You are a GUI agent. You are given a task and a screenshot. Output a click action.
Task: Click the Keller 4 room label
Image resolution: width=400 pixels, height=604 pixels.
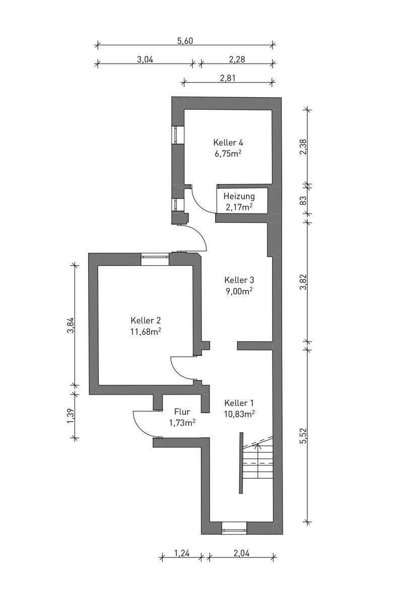click(x=231, y=142)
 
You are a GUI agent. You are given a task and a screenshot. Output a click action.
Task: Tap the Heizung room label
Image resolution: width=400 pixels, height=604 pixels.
click(x=239, y=196)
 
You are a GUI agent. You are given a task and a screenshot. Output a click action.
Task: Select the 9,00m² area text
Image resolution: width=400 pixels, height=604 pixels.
click(x=239, y=290)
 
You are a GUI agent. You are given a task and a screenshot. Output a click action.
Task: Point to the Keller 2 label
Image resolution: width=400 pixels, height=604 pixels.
click(x=146, y=320)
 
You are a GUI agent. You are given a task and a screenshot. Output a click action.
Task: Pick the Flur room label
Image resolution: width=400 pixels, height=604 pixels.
click(x=182, y=411)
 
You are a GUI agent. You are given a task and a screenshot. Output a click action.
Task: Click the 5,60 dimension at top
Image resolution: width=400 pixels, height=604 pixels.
click(x=185, y=41)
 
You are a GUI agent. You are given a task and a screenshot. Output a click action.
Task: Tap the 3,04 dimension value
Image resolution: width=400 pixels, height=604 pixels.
click(x=145, y=59)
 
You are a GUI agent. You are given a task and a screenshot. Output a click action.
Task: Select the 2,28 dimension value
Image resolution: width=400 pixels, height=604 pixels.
click(x=237, y=59)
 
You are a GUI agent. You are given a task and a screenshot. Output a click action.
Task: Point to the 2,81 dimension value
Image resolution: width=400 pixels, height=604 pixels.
click(x=228, y=78)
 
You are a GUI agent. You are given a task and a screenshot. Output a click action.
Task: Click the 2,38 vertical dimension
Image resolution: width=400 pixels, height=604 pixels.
click(x=303, y=146)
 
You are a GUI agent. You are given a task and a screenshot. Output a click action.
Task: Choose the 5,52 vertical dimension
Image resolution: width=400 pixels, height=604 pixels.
click(x=303, y=434)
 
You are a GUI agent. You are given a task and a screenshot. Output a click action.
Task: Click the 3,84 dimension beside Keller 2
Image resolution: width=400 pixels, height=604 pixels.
click(x=71, y=326)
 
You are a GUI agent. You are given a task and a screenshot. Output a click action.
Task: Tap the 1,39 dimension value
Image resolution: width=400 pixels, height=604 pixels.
click(x=71, y=414)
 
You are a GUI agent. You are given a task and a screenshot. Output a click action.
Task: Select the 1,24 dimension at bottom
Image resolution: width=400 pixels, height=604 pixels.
click(x=182, y=553)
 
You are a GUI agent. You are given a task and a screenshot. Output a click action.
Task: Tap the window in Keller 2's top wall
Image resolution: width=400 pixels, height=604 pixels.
click(x=155, y=258)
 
